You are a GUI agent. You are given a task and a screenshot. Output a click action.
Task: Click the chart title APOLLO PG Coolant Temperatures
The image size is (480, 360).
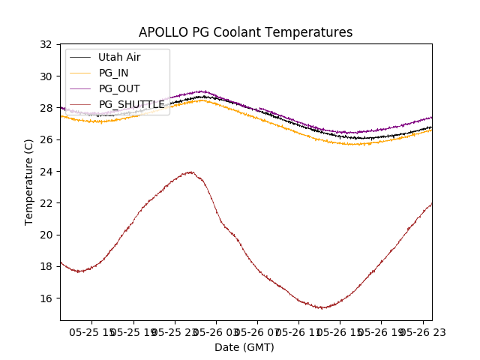[245, 32]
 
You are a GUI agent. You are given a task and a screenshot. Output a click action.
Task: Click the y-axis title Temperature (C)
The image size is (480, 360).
[29, 181]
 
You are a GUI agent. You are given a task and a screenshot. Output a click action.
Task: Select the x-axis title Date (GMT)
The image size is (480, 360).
[244, 347]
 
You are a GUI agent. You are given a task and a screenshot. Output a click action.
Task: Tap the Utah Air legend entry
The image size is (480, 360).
[119, 57]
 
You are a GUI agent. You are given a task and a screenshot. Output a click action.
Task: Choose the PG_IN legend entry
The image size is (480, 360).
[115, 73]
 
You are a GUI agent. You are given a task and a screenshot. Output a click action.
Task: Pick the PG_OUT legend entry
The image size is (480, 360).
[119, 88]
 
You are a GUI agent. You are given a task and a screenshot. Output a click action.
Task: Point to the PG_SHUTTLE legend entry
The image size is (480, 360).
[131, 104]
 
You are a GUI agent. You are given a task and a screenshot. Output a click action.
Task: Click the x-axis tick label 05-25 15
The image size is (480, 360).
[92, 331]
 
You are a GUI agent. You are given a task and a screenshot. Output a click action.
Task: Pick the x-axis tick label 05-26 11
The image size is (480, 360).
[298, 331]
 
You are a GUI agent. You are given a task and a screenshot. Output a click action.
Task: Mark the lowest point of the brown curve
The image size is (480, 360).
[321, 307]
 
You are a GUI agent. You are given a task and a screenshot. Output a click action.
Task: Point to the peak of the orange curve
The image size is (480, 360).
[202, 100]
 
